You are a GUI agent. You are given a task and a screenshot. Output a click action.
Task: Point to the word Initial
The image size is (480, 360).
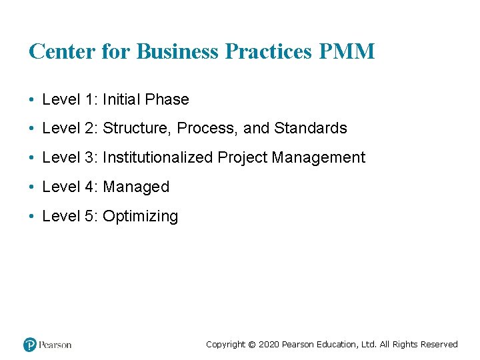(121, 99)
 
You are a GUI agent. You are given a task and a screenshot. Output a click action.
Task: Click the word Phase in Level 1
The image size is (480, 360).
(167, 99)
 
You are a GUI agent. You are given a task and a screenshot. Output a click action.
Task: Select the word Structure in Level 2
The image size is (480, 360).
(137, 128)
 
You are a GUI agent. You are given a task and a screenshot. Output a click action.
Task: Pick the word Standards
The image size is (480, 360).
(311, 128)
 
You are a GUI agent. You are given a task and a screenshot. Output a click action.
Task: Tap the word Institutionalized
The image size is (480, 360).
(158, 157)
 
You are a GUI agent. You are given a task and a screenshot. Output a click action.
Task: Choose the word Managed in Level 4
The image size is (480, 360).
(136, 187)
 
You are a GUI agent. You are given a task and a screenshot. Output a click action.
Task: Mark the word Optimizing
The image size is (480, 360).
(141, 216)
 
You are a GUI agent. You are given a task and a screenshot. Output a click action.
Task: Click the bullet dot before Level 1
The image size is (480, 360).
(32, 100)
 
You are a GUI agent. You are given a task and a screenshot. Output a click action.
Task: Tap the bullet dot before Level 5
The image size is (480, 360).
(32, 217)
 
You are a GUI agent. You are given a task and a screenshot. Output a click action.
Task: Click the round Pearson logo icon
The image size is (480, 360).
(30, 345)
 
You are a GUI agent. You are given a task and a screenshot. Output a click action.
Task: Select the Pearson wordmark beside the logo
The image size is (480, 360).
(55, 345)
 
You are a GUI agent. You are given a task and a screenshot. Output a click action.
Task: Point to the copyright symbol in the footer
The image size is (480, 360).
(251, 345)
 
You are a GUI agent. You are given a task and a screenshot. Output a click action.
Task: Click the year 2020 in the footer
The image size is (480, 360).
(269, 345)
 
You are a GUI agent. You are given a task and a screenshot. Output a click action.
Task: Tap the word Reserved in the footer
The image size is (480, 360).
(439, 345)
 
